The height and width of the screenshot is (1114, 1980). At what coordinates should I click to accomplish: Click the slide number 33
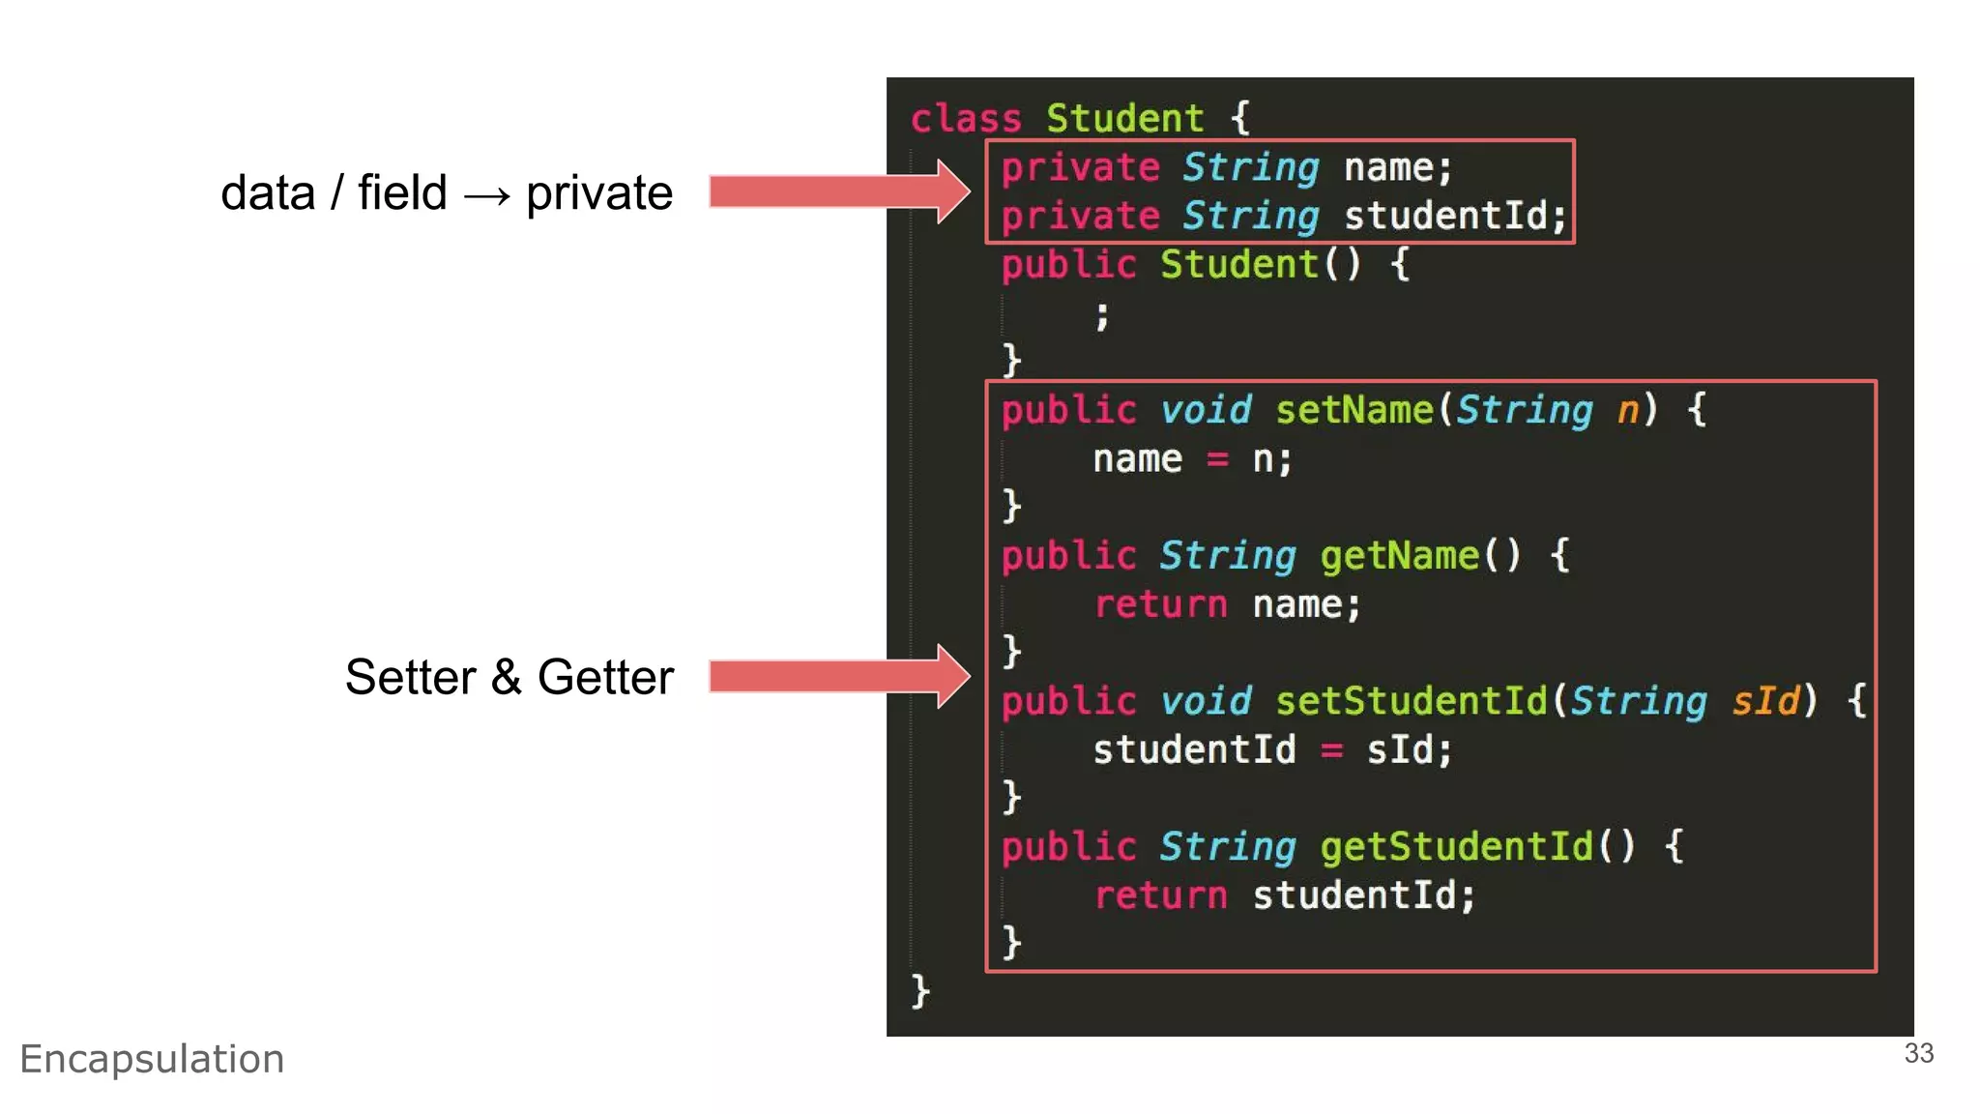1918,1053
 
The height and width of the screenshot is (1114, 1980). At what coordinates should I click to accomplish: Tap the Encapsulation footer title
152,1059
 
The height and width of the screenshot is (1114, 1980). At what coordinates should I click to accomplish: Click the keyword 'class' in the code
965,119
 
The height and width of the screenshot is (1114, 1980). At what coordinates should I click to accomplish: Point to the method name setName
1354,410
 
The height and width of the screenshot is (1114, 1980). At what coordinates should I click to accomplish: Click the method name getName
1399,556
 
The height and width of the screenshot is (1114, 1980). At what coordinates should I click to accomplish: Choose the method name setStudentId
1411,701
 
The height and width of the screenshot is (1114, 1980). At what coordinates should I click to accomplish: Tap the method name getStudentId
1456,847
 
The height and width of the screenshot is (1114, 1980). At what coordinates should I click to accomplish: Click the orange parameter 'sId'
1765,701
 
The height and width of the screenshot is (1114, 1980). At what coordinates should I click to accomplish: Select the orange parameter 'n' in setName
1628,410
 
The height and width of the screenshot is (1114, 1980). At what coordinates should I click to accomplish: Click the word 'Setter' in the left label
410,677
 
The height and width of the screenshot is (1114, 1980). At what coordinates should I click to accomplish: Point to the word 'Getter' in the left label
605,677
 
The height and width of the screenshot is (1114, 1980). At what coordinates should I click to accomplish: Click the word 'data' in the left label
268,192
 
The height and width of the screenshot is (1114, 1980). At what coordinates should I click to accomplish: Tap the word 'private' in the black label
599,193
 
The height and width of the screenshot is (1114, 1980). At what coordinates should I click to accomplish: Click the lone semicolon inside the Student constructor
1101,315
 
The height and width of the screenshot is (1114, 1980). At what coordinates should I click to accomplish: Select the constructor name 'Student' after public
1238,264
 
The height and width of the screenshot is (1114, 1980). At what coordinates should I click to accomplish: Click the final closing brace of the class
919,991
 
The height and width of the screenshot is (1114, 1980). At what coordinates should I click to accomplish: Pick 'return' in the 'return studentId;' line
1160,895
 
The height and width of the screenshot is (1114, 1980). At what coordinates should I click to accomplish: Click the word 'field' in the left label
402,192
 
